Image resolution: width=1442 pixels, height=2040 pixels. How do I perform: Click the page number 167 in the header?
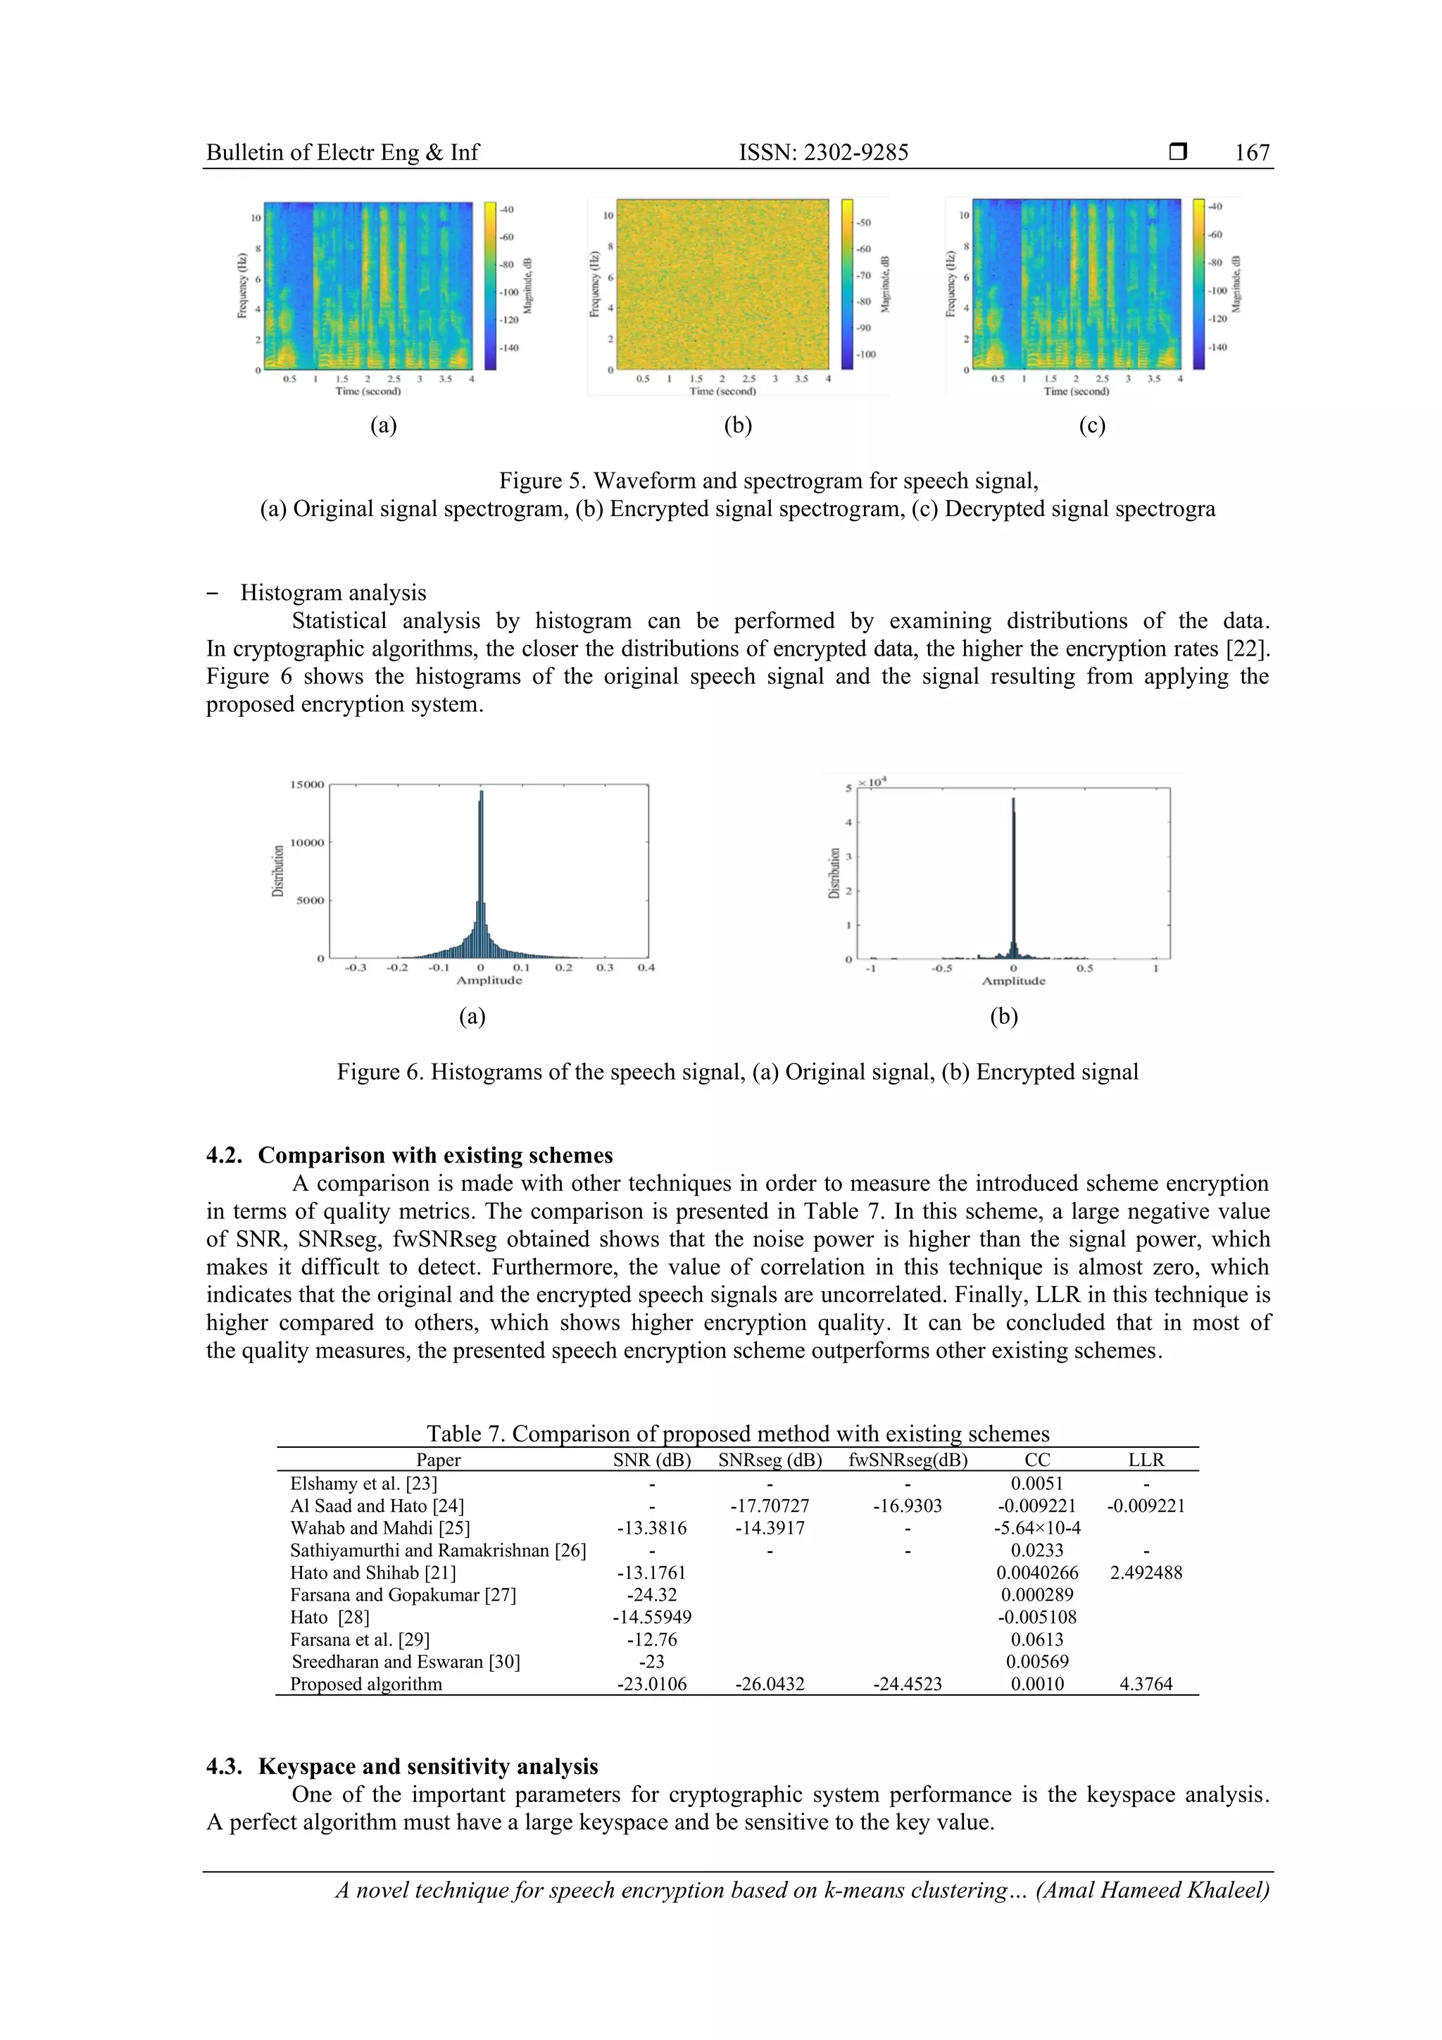coord(1251,153)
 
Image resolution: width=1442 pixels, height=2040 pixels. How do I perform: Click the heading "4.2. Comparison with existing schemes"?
coord(410,1155)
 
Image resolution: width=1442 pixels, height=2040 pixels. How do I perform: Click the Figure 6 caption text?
coord(736,1072)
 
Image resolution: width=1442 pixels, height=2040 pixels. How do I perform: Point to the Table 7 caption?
coord(736,1433)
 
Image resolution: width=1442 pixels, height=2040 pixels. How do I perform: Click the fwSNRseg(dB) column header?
coord(907,1460)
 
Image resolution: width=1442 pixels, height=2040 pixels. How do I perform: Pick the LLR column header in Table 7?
coord(1146,1460)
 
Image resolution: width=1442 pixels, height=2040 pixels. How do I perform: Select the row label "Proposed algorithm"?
coord(365,1684)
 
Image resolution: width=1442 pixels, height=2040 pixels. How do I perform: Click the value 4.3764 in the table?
coord(1146,1684)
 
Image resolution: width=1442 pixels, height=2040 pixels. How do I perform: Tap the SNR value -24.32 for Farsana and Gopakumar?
coord(651,1595)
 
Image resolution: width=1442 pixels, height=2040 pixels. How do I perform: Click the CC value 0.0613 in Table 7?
coord(1037,1639)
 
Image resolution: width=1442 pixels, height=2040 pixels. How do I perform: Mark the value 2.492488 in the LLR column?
coord(1146,1572)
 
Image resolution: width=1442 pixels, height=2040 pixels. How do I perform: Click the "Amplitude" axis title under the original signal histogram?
coord(489,980)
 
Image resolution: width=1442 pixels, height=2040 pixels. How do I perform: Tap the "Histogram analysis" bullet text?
coord(332,593)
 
